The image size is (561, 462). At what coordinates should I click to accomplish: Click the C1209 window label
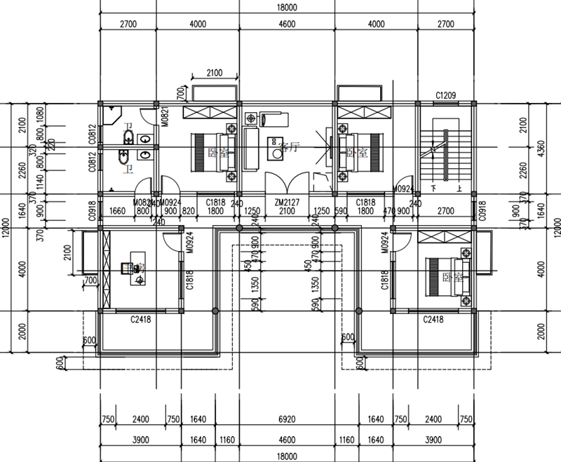click(x=447, y=95)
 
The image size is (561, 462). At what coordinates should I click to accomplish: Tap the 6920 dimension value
click(x=288, y=420)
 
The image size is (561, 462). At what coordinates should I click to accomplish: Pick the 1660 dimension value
click(x=118, y=210)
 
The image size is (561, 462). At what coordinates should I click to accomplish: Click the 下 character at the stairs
click(x=434, y=189)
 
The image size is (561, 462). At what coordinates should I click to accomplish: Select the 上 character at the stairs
click(x=459, y=189)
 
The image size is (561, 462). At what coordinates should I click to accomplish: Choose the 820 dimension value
click(x=188, y=210)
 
